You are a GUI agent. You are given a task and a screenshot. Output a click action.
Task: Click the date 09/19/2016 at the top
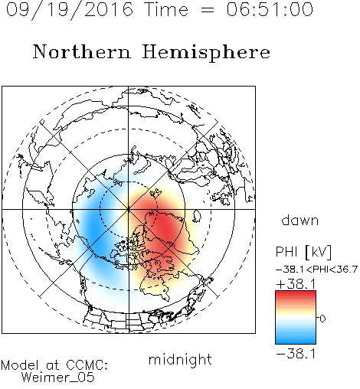coord(70,10)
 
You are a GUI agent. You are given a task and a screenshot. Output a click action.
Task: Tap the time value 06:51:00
coord(270,9)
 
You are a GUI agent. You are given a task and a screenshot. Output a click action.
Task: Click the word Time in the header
coord(166,9)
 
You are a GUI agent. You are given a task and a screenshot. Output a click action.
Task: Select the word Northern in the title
coord(82,51)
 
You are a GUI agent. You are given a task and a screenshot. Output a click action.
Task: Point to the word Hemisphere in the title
coord(206,52)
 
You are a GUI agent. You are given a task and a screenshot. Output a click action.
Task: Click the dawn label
coord(300,220)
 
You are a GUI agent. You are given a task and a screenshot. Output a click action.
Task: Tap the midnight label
coord(180,360)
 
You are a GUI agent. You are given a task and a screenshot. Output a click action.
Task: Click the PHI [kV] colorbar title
coord(303,252)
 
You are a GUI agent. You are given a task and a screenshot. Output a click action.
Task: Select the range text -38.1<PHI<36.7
coord(316,270)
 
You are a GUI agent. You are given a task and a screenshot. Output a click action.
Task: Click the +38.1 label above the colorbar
coord(296,284)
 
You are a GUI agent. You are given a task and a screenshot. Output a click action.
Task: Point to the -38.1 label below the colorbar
coord(296,354)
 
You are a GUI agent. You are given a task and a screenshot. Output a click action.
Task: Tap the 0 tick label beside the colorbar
coord(322,319)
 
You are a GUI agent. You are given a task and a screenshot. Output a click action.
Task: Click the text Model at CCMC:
coord(54,365)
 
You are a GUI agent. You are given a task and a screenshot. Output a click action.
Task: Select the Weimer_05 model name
coord(58,377)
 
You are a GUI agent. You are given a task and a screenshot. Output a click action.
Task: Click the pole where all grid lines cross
coord(129,209)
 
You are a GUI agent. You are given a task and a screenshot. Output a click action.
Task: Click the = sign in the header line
coord(208,10)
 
